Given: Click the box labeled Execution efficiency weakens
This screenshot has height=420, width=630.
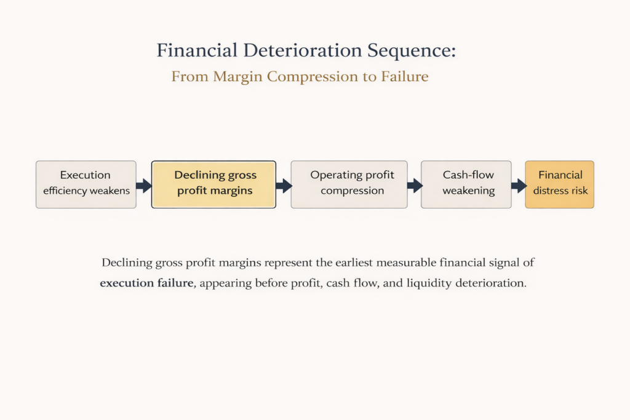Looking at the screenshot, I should click(86, 184).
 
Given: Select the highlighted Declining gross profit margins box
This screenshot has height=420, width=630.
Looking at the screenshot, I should click(213, 184).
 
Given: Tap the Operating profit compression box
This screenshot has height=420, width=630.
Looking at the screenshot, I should click(349, 184).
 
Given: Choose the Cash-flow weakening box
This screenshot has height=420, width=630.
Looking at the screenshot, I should click(466, 184).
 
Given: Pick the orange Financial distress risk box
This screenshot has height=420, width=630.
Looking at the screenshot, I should click(559, 184).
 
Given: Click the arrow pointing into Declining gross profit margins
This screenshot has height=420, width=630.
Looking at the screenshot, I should click(144, 185).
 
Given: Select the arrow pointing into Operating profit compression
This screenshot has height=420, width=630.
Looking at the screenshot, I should click(284, 185).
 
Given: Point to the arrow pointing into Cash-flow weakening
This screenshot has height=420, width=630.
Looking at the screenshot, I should click(415, 185).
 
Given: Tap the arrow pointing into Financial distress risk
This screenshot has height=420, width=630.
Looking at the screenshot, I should click(519, 185).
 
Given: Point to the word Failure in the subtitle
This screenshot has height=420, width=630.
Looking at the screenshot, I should click(405, 77).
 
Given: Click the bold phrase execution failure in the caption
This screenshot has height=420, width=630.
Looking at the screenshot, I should click(146, 285).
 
